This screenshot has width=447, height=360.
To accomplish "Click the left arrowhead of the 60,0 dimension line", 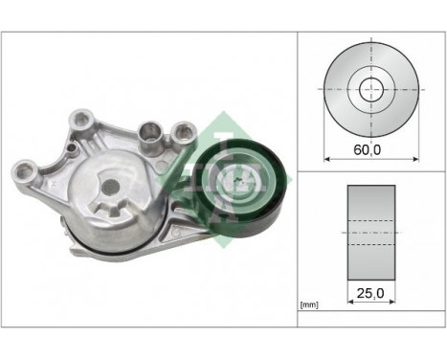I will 327,157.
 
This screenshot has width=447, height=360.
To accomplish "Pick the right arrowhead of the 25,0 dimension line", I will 393,299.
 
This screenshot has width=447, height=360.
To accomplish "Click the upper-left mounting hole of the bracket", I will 79,121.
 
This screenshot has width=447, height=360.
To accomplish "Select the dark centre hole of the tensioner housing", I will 109,187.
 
